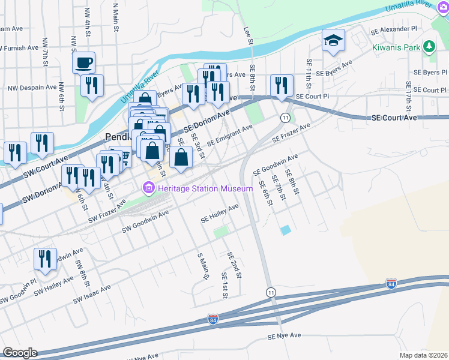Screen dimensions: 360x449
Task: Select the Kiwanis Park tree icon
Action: coord(429,46)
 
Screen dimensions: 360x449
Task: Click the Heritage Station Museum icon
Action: coord(148,188)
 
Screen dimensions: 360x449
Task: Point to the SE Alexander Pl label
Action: coord(393,28)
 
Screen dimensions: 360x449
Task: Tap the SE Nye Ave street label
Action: coord(284,335)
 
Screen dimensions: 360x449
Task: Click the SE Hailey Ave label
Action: coord(220,213)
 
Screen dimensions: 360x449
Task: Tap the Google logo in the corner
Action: coord(20,352)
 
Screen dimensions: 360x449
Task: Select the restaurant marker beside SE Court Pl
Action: coord(280,85)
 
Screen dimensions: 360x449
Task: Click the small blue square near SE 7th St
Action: coord(285,230)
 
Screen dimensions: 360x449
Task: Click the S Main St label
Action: coord(202,266)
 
